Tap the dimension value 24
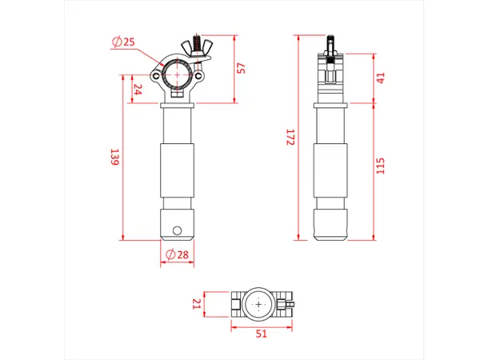(x=138, y=89)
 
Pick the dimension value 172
(x=290, y=137)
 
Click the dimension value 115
(x=381, y=166)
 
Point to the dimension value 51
(x=260, y=334)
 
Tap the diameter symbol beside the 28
(x=170, y=254)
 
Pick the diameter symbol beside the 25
(x=118, y=42)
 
